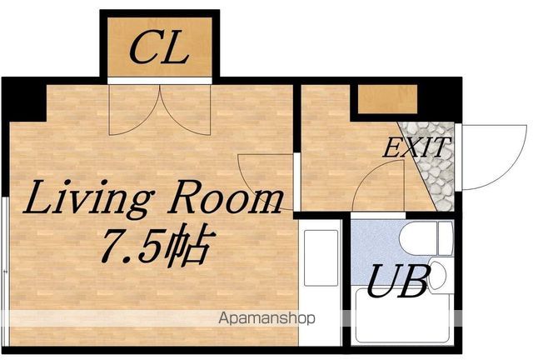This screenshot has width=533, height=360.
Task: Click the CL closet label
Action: tap(159, 47)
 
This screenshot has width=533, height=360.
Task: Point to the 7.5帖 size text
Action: tap(158, 243)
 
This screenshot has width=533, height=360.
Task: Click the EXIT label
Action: tap(416, 147)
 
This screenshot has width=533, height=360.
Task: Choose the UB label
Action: tap(397, 282)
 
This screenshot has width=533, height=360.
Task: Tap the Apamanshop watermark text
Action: tap(266, 318)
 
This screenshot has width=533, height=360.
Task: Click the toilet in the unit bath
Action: tap(426, 238)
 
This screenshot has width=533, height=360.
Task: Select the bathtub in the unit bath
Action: tap(403, 315)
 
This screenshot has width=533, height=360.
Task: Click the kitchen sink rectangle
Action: tap(321, 258)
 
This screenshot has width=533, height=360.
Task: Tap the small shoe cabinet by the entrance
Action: tap(387, 99)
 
